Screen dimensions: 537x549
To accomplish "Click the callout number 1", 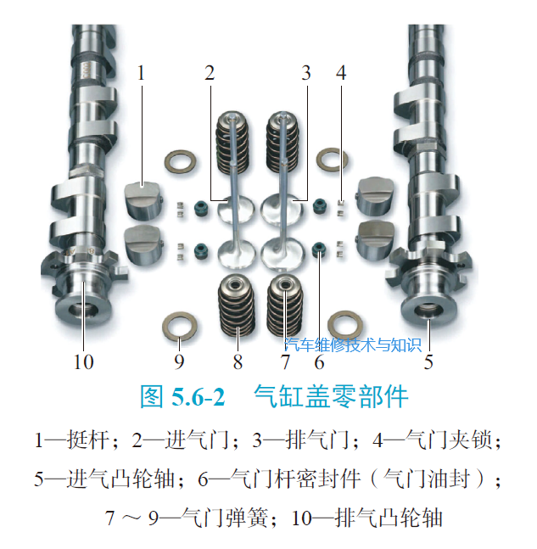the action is click(141, 73).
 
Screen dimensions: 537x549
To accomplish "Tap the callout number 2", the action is click(210, 73).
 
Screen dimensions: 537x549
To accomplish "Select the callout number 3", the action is click(306, 73).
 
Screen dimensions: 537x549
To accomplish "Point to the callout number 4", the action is click(341, 73).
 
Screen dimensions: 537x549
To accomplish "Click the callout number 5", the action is click(428, 361).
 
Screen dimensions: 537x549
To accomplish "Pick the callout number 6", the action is click(319, 361).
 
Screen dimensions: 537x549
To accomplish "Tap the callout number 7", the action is click(285, 361).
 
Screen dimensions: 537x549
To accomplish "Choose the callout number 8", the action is click(238, 361).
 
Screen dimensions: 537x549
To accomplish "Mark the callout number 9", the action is click(179, 361).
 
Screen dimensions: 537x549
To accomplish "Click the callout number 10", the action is click(83, 361).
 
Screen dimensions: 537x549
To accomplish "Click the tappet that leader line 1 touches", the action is click(143, 200).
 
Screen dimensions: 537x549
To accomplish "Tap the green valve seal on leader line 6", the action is click(318, 250).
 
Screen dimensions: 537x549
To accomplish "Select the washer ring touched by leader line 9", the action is click(180, 327).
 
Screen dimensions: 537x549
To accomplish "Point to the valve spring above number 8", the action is click(237, 305).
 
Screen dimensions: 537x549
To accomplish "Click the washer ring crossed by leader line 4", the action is click(332, 160).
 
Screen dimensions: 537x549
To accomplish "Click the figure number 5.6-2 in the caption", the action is click(198, 397).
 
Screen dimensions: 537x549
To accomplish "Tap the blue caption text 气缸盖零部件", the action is click(331, 397).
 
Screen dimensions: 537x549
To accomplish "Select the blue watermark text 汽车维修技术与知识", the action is click(353, 345).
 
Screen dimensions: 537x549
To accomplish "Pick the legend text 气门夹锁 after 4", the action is click(449, 440).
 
